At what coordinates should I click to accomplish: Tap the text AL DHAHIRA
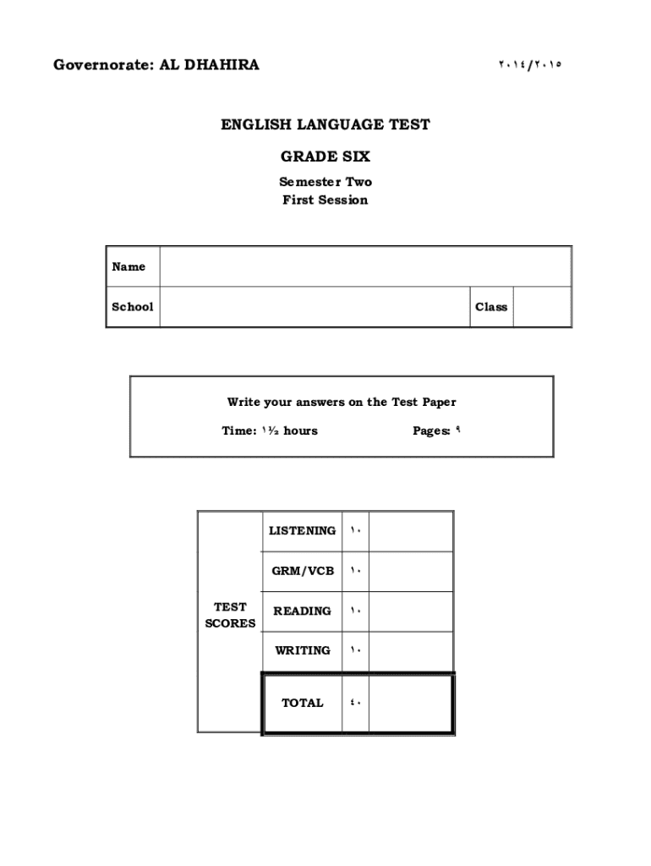209,65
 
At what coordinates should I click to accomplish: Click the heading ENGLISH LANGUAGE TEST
325,125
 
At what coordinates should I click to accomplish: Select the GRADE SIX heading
325,156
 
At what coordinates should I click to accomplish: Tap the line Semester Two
325,182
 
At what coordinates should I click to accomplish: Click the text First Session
325,200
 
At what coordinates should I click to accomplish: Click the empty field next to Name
364,266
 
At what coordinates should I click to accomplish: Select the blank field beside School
314,307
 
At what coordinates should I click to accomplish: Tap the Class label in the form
491,307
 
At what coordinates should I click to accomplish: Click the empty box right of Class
542,307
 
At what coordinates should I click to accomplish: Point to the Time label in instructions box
239,430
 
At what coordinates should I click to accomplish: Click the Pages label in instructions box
431,430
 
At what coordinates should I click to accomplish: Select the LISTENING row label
302,531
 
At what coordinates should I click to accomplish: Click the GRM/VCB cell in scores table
303,571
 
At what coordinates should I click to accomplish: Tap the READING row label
302,611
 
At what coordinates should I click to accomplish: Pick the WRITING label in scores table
302,650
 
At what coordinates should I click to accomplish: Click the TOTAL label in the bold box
302,703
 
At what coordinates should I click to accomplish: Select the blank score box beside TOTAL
410,703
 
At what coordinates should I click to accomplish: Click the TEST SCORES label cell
230,615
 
